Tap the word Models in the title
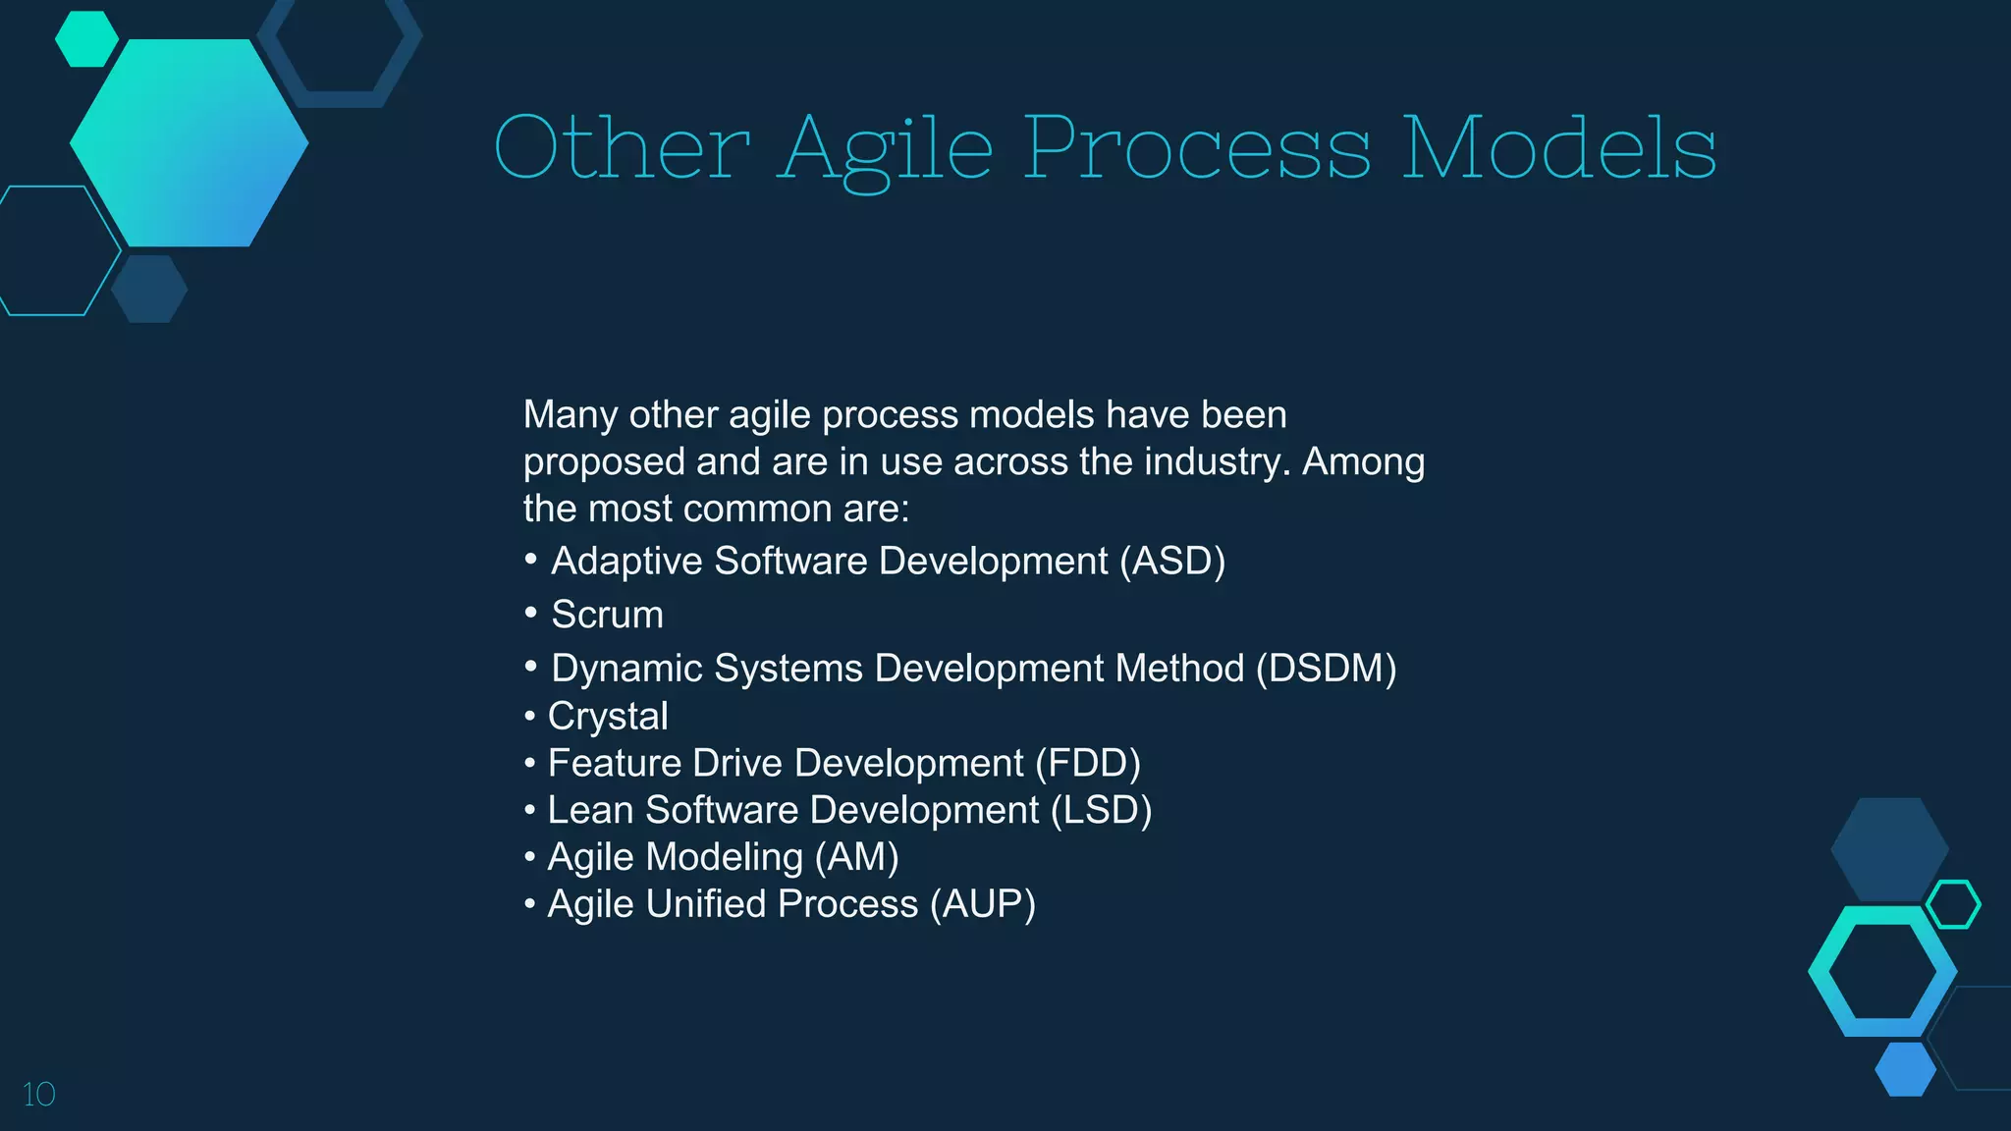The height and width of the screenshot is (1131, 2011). tap(1558, 149)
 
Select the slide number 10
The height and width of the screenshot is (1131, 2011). tap(38, 1095)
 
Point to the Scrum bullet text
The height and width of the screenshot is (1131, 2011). tap(607, 615)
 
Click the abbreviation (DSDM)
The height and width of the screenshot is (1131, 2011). tap(1326, 669)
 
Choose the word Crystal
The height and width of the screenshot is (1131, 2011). tap(608, 717)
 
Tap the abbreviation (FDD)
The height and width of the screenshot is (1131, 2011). tap(1087, 764)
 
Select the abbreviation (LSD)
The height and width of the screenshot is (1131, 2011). tap(1101, 811)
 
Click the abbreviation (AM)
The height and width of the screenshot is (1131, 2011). tap(856, 857)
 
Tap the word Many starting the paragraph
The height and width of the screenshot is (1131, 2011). tap(570, 414)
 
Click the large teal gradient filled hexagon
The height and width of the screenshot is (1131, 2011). tap(189, 143)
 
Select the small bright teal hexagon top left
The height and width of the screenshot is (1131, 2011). tap(86, 39)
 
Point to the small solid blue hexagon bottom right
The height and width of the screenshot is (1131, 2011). tap(1905, 1069)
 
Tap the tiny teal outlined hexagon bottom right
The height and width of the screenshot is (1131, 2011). tap(1953, 904)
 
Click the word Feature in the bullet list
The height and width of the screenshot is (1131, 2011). tap(615, 764)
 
